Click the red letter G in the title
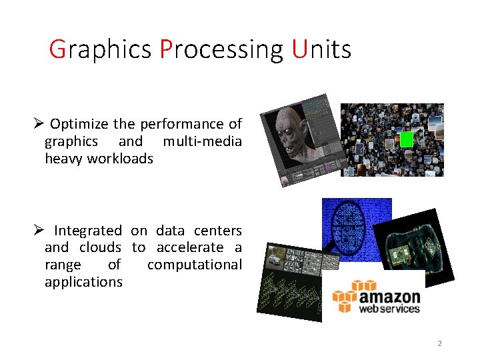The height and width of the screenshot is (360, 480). coord(58,49)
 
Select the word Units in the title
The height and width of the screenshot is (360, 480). coord(321,49)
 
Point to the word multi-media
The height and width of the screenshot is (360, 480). coord(202,141)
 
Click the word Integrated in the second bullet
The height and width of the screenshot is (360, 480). coord(87,231)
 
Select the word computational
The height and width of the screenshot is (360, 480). coord(194,265)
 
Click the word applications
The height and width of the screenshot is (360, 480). coord(83,282)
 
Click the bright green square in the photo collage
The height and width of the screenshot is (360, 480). coord(407,139)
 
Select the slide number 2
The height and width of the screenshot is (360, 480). coord(439,343)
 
